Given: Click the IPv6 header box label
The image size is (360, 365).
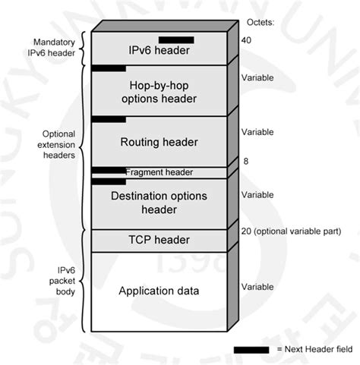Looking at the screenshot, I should pyautogui.click(x=159, y=52).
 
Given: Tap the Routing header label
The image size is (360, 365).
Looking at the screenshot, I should pyautogui.click(x=159, y=142).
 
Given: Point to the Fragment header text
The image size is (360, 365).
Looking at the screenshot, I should pyautogui.click(x=169, y=172).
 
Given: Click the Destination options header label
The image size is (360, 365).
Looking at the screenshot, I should pyautogui.click(x=159, y=203).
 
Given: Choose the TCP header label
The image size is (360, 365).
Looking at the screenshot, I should pyautogui.click(x=159, y=241).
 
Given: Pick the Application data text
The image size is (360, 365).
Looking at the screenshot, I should pyautogui.click(x=159, y=291).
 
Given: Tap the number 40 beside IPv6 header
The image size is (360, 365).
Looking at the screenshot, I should pyautogui.click(x=245, y=39).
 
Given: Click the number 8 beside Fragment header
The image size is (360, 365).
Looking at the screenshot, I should pyautogui.click(x=245, y=162).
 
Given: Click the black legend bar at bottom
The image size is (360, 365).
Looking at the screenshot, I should pyautogui.click(x=251, y=349).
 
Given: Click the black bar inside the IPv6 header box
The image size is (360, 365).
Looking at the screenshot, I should pyautogui.click(x=176, y=39).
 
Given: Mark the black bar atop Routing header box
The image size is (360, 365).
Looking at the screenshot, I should pyautogui.click(x=109, y=119).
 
